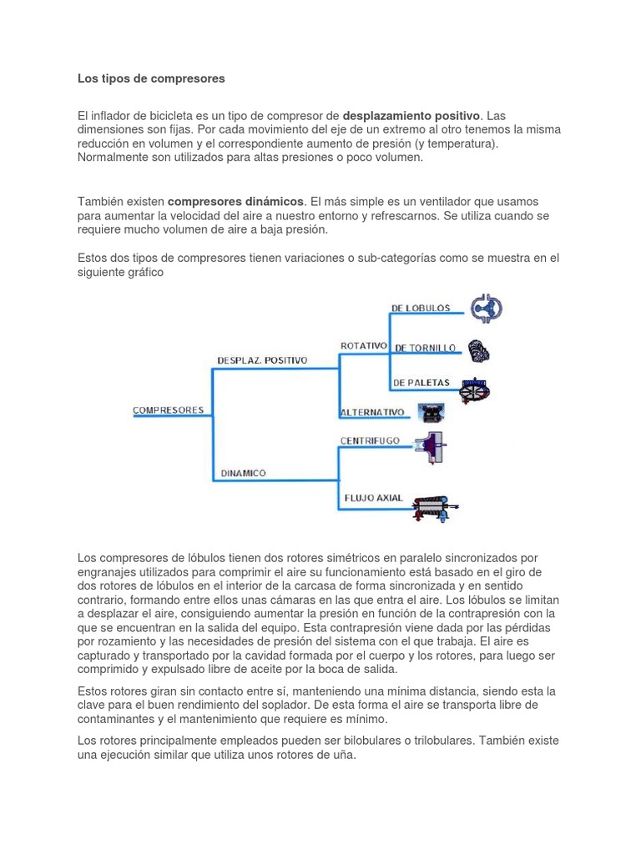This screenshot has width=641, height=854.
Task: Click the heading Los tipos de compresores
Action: tap(151, 78)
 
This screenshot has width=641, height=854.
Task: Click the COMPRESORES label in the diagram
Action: tap(168, 409)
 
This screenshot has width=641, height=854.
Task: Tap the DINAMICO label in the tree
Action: tap(243, 473)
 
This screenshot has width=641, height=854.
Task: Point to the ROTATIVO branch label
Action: tap(364, 345)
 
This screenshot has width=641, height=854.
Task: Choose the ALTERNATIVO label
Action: tap(372, 412)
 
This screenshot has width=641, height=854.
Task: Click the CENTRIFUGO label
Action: tap(370, 440)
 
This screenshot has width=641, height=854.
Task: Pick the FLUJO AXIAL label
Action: tap(373, 498)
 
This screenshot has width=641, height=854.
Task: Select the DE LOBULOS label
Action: tap(421, 308)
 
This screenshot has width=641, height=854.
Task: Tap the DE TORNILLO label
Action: tap(425, 347)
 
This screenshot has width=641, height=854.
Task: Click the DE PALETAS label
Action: tap(421, 383)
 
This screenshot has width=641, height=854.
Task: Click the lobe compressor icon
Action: tap(485, 309)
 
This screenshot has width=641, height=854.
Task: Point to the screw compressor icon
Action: tap(477, 351)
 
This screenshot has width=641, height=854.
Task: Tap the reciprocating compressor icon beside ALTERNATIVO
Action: tap(431, 412)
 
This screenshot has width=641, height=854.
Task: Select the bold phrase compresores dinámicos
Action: tap(235, 202)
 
